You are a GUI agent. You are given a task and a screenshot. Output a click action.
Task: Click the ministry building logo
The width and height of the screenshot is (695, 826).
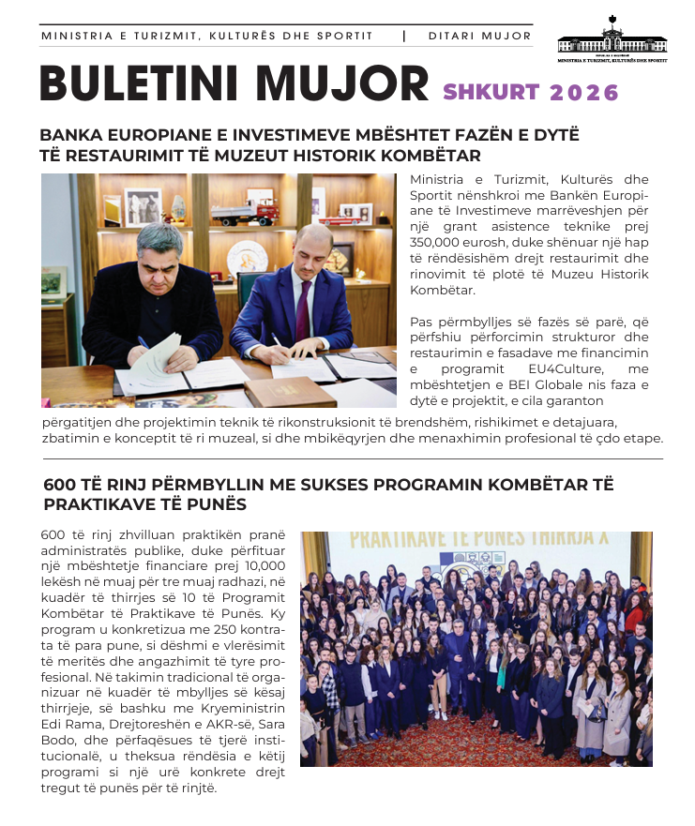[x=612, y=38]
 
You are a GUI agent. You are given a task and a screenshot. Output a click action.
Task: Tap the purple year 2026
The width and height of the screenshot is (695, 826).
[x=584, y=93]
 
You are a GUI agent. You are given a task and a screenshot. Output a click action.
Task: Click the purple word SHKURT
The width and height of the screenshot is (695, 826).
[x=491, y=93]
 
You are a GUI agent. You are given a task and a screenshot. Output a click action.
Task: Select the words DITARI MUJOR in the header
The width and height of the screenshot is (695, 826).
[x=479, y=37]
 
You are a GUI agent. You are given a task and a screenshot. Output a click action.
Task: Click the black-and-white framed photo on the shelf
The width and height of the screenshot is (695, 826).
[x=142, y=207]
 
